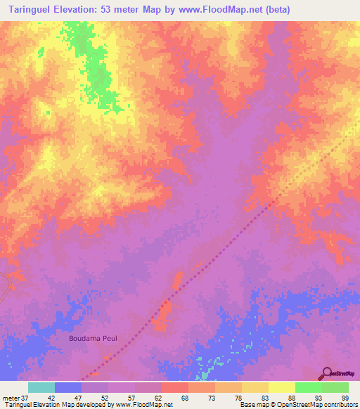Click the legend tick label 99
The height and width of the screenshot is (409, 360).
345,397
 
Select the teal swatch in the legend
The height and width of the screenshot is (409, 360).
41,387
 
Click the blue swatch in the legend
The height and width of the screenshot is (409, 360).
68,387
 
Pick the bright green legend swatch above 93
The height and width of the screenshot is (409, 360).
309,387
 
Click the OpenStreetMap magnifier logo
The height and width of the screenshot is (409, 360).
327,373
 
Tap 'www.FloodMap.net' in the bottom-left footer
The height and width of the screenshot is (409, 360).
143,405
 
